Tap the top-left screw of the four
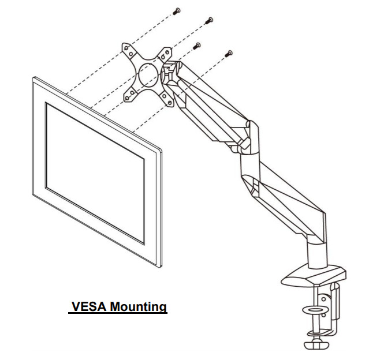(x=177, y=10)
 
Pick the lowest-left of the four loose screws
(x=197, y=45)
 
